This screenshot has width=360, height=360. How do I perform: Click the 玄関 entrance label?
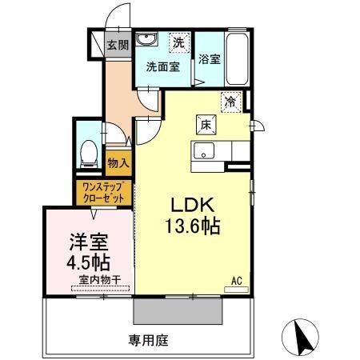click(x=118, y=45)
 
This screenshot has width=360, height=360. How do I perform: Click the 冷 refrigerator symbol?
click(x=230, y=102)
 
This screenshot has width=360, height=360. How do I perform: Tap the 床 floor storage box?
click(x=205, y=124)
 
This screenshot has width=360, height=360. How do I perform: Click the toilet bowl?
click(x=90, y=152)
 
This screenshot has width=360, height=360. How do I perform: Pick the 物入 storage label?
click(x=118, y=163)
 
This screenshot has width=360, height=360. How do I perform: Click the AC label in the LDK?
click(x=237, y=280)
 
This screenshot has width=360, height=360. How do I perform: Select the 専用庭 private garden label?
click(x=149, y=340)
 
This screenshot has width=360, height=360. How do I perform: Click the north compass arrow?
click(x=302, y=337)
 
